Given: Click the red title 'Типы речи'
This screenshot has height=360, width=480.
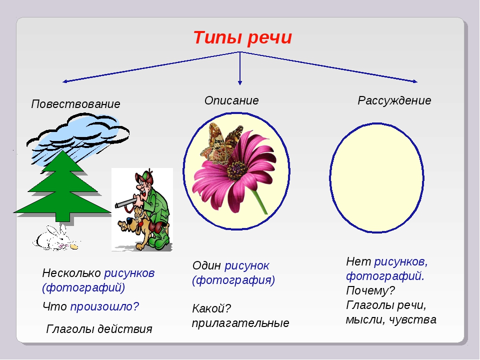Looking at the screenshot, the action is (x=242, y=37).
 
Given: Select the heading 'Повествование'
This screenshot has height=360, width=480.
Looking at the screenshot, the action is (x=75, y=104).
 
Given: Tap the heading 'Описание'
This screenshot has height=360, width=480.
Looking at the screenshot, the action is (x=231, y=100).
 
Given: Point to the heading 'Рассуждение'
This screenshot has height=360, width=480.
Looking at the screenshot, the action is (x=394, y=100).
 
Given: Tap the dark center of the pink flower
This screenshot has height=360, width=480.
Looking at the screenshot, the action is (x=237, y=170).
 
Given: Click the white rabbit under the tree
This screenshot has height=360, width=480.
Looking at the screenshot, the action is (x=55, y=239).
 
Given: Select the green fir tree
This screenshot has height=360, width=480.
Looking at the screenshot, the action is (x=62, y=186).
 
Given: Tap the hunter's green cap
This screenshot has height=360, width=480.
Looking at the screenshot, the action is (x=144, y=175).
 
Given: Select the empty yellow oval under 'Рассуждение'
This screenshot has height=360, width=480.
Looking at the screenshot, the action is (x=376, y=177).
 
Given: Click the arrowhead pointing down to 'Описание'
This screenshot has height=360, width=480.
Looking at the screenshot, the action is (x=240, y=82).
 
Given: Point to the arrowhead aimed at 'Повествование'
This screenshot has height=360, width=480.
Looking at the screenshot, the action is (x=65, y=81).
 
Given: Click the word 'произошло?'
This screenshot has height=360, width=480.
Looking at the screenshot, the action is (x=104, y=306).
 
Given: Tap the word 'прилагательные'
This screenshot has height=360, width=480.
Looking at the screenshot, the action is (x=240, y=323).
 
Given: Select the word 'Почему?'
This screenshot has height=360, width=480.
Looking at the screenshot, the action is (x=370, y=290).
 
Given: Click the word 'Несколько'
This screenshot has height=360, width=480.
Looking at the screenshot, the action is (x=71, y=273).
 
